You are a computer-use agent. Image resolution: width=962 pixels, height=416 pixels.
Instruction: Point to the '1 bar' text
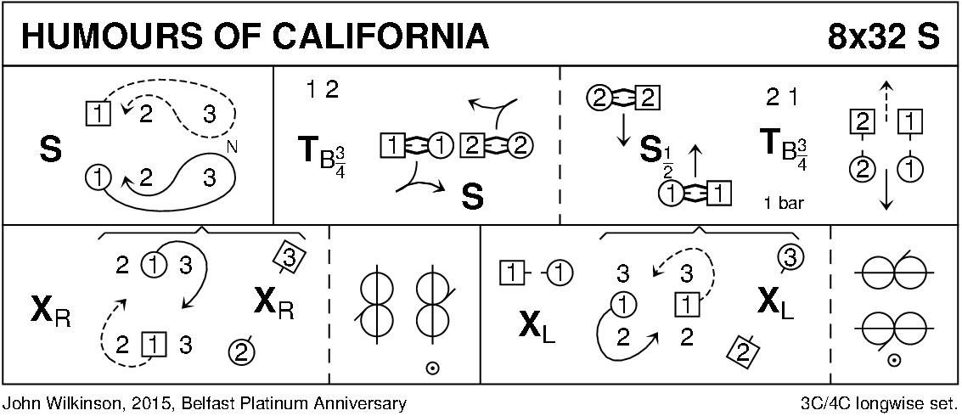point(782,204)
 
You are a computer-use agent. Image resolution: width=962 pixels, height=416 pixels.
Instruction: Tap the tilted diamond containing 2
point(744,349)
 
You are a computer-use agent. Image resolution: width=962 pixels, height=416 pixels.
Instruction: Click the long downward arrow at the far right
point(886,189)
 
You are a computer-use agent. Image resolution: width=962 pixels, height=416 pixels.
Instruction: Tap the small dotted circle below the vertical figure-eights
point(431,369)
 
